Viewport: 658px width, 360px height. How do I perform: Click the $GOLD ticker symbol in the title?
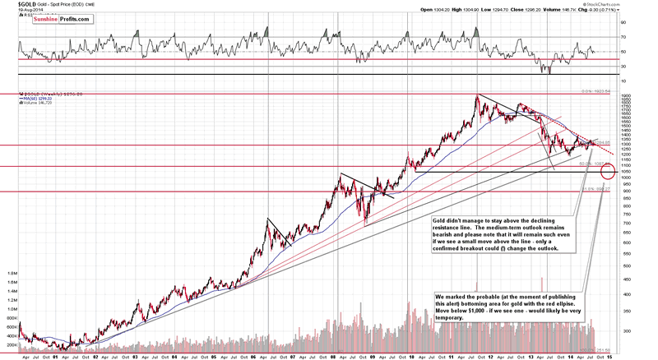[14, 4]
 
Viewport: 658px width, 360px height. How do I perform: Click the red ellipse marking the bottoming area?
[609, 172]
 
